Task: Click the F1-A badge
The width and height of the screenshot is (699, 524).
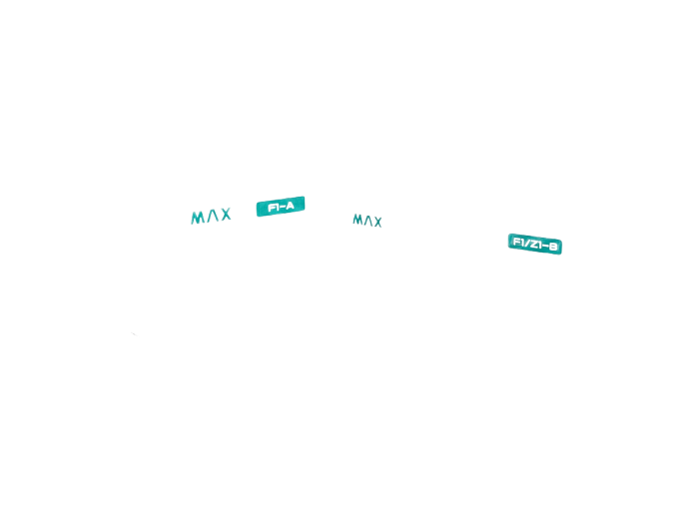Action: click(281, 207)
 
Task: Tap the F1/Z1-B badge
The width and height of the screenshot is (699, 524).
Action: click(535, 244)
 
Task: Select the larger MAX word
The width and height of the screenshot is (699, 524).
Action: click(211, 216)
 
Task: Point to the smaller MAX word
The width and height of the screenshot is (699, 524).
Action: click(367, 221)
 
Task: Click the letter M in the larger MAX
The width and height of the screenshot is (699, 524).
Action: click(198, 218)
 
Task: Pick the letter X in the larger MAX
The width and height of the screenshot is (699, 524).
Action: click(226, 215)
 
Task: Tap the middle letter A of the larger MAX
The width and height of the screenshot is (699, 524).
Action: click(213, 216)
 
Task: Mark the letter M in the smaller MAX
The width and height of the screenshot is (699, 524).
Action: click(357, 220)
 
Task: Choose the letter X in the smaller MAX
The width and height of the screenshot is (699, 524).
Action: click(377, 222)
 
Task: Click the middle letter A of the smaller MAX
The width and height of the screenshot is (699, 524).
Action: click(367, 221)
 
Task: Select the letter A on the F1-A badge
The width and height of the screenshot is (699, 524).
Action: click(290, 206)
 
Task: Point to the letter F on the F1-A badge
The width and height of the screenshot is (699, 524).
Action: click(271, 208)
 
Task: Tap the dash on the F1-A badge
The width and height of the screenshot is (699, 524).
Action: click(282, 207)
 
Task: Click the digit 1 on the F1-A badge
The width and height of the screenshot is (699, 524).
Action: click(277, 208)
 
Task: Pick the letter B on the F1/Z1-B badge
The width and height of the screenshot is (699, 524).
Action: click(553, 246)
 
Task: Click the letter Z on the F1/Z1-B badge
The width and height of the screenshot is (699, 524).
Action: click(532, 244)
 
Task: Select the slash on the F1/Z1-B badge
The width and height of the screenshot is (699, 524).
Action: click(526, 243)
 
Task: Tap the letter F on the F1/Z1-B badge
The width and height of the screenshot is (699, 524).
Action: click(516, 242)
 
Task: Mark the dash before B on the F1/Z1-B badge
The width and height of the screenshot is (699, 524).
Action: click(545, 246)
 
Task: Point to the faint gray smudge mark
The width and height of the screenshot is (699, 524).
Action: click(133, 333)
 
